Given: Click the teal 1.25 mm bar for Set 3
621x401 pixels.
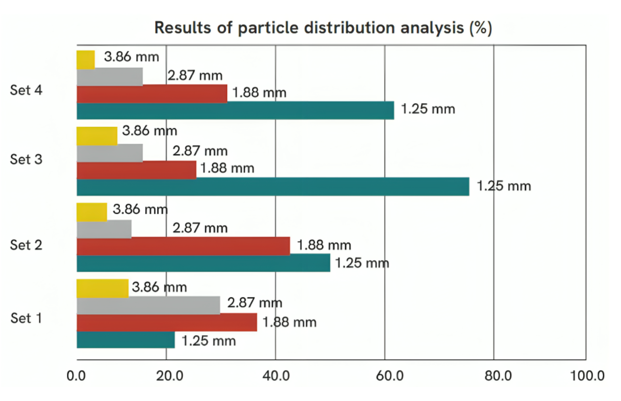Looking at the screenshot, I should [273, 187].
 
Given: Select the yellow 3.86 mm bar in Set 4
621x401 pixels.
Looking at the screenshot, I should [86, 60].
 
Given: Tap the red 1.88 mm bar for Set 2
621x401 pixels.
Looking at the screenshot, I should [183, 246].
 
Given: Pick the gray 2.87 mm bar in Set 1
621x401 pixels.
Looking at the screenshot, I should [148, 305].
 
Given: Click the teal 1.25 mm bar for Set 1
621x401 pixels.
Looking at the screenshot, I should [126, 340].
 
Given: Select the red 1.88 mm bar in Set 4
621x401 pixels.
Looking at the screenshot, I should [152, 94].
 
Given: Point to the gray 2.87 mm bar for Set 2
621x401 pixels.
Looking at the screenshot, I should [104, 229].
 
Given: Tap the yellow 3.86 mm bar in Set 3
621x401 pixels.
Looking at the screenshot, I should [97, 136].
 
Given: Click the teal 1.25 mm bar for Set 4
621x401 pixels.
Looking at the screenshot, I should [235, 111].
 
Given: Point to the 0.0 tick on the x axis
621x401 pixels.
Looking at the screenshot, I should [77, 376].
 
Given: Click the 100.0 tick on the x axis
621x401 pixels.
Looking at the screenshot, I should [587, 376].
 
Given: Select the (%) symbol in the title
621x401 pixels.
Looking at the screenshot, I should [480, 28].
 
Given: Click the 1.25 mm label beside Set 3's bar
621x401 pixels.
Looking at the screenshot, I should [504, 186].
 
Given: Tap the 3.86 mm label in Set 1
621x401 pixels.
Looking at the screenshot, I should [159, 287].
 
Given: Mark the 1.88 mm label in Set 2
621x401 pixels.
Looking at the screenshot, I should [324, 245].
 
